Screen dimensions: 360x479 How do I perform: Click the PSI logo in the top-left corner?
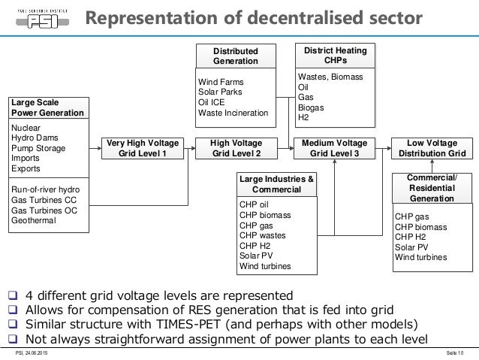click(x=39, y=18)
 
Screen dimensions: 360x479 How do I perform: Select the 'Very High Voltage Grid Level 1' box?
click(x=143, y=148)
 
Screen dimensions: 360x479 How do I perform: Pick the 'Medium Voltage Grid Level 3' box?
click(x=336, y=148)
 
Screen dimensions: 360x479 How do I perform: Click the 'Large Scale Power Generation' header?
click(x=49, y=107)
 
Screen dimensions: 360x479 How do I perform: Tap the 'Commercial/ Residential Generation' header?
click(x=431, y=188)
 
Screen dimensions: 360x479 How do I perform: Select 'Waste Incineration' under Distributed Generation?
click(x=233, y=113)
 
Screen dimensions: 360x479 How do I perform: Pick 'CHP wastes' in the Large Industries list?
click(x=262, y=235)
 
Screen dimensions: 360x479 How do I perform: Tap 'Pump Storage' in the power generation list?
click(x=38, y=149)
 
